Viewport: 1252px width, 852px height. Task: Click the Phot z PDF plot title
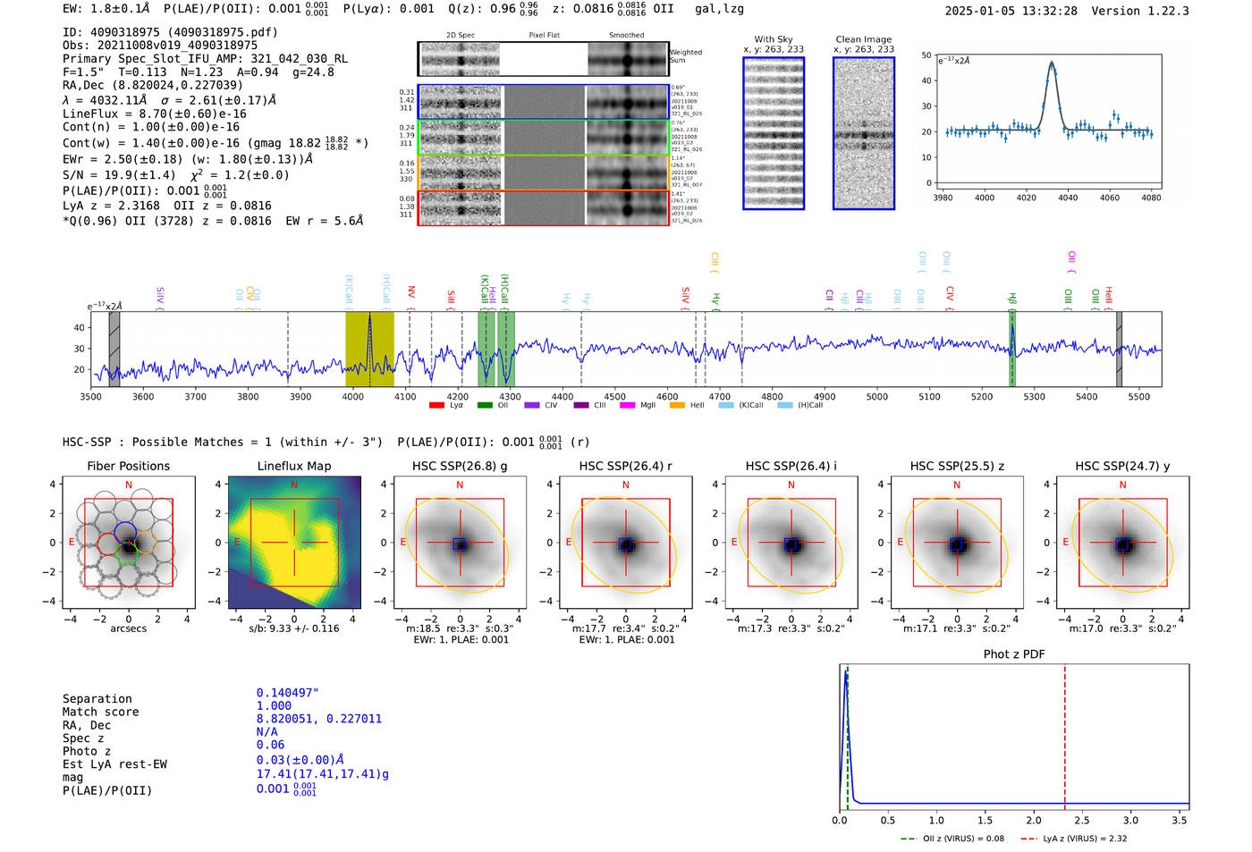[x=1013, y=654]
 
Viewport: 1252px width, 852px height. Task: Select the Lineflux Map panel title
[x=293, y=466]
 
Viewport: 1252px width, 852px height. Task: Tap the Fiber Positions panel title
[x=128, y=466]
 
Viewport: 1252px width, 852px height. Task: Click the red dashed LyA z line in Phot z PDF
[x=1064, y=733]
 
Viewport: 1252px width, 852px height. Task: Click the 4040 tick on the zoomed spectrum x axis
[x=1068, y=198]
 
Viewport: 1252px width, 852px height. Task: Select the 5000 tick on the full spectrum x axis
[x=876, y=397]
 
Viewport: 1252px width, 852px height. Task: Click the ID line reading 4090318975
[x=170, y=32]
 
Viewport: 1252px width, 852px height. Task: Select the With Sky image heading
[x=773, y=39]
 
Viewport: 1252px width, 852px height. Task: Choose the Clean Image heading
[x=863, y=39]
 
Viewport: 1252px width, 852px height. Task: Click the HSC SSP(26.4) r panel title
[x=625, y=466]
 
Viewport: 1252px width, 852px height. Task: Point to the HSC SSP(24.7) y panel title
[x=1121, y=466]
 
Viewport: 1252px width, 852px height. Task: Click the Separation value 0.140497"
[x=287, y=693]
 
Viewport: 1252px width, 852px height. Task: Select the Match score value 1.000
[x=274, y=705]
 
